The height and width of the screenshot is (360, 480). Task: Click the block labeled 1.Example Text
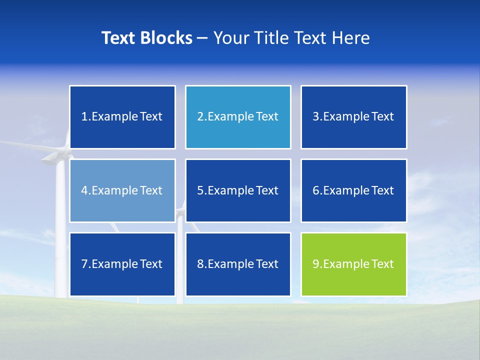tap(122, 117)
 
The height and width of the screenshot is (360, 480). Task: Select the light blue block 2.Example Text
tap(238, 117)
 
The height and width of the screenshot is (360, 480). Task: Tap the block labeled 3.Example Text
tap(354, 117)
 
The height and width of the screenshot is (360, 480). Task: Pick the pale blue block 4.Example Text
tap(122, 190)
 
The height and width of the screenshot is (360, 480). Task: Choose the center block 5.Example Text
tap(238, 190)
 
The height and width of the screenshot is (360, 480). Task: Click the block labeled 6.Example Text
tap(354, 190)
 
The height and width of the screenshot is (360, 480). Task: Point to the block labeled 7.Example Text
tap(122, 264)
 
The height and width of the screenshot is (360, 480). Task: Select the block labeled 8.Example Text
tap(238, 264)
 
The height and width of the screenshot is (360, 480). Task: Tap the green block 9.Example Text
tap(354, 264)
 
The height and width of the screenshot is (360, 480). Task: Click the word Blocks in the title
tap(167, 38)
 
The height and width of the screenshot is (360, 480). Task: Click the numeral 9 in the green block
tap(316, 264)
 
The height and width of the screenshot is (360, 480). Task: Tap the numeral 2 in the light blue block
tap(200, 117)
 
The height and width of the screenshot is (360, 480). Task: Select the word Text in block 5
tap(267, 190)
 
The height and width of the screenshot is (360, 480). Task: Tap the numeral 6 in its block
tap(316, 190)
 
